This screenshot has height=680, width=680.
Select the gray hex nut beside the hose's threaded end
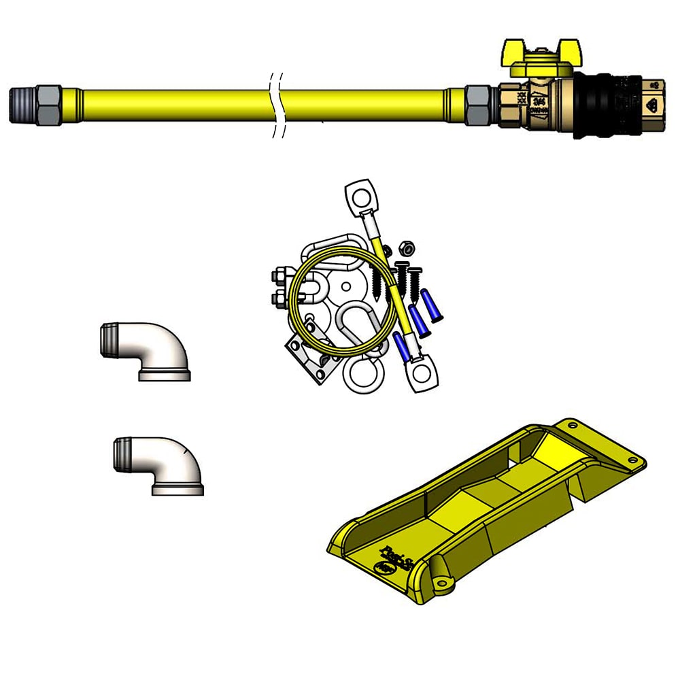(x=48, y=105)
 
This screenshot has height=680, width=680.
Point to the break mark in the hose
(x=276, y=105)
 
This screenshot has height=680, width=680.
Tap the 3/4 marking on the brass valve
(x=541, y=103)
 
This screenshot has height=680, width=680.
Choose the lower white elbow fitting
(x=160, y=465)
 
